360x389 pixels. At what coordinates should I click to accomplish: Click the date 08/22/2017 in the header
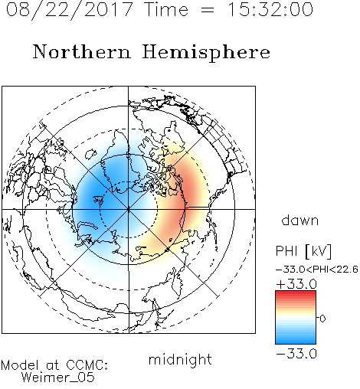(x=69, y=9)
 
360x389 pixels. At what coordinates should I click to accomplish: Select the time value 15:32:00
(x=270, y=9)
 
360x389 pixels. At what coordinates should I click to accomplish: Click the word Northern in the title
(x=82, y=52)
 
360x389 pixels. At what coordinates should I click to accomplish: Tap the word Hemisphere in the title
(x=206, y=53)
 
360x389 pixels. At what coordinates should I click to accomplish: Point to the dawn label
(x=300, y=220)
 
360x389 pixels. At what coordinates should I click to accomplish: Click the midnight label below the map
(x=180, y=360)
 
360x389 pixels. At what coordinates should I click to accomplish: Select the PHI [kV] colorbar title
(x=303, y=251)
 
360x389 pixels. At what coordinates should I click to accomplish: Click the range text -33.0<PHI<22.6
(x=317, y=270)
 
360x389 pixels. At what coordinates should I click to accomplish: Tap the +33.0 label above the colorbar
(x=296, y=284)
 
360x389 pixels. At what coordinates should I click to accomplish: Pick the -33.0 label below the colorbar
(x=296, y=354)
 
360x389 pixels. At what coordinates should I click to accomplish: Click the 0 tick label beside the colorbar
(x=322, y=319)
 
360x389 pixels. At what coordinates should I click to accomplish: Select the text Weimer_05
(x=58, y=378)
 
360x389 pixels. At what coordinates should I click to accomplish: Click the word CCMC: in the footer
(x=87, y=365)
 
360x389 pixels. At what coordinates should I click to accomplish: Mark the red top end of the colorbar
(x=296, y=293)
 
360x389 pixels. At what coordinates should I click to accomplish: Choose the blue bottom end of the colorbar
(x=296, y=342)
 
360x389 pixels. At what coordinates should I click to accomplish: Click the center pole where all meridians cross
(x=129, y=209)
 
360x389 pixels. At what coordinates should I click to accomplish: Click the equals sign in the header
(x=208, y=10)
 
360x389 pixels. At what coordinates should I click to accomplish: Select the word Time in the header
(x=166, y=9)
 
